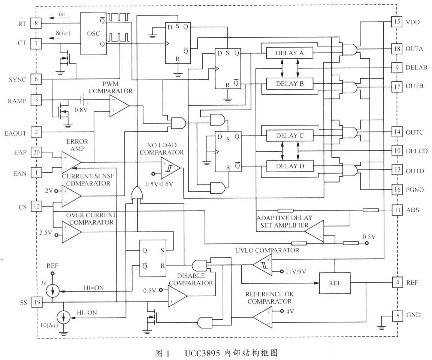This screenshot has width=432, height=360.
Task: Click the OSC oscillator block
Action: (x=93, y=33)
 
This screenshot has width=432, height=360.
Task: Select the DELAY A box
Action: (x=289, y=54)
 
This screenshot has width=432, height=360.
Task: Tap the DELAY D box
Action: (x=289, y=165)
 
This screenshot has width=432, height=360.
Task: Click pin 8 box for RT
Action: (x=36, y=23)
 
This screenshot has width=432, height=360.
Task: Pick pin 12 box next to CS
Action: (x=36, y=206)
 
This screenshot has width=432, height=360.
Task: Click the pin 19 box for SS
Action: (x=36, y=301)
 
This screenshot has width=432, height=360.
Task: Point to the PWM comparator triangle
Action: (x=118, y=105)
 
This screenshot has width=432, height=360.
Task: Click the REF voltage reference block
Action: (x=334, y=283)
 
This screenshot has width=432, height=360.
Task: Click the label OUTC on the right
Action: (x=414, y=132)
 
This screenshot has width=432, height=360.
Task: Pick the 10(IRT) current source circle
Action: (x=63, y=318)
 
